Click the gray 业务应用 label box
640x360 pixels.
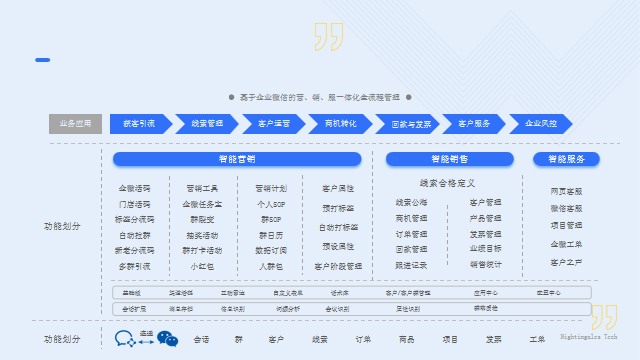coord(75,124)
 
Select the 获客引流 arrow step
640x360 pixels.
coord(139,124)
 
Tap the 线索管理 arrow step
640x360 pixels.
coord(206,124)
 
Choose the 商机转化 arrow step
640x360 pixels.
coord(341,124)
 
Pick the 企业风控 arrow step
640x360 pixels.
coord(541,124)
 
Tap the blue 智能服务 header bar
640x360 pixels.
coord(566,159)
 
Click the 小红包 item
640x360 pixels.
coord(203,266)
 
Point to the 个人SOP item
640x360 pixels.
coord(271,204)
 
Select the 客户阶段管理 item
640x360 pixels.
coord(338,266)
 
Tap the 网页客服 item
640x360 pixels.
coord(566,191)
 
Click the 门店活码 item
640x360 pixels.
coord(135,204)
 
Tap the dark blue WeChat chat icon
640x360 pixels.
coord(125,339)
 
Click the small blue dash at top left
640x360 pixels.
coord(42,60)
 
